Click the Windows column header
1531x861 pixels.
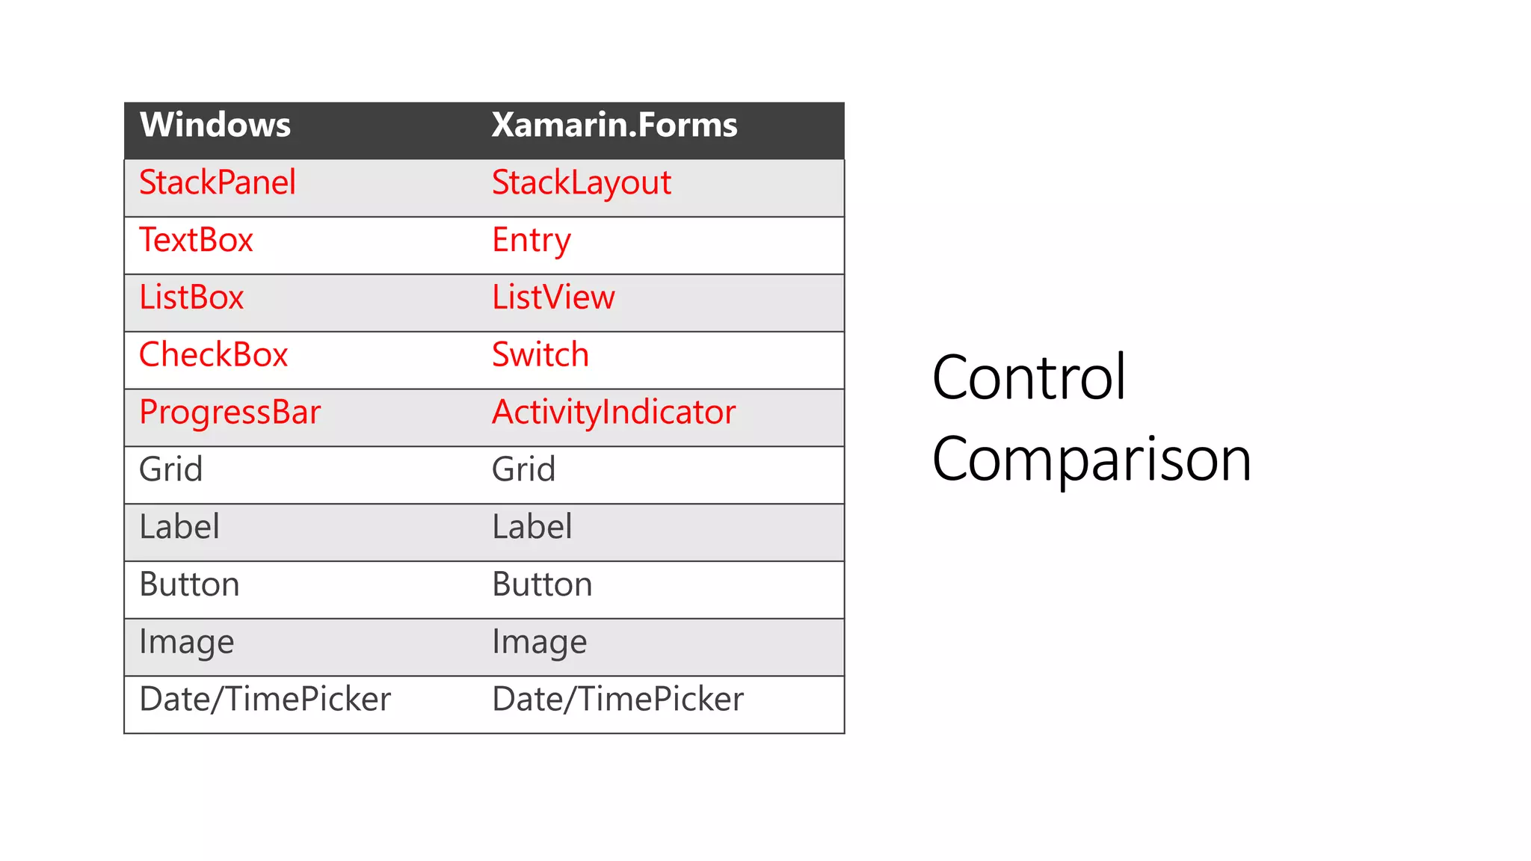(x=215, y=125)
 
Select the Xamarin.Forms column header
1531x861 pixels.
(x=614, y=125)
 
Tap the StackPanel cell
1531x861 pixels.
(x=218, y=183)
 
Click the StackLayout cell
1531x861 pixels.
(x=582, y=183)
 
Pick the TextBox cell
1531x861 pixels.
(x=197, y=241)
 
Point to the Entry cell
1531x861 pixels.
(x=532, y=241)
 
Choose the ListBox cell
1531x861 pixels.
(x=192, y=297)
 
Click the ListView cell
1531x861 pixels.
(x=553, y=297)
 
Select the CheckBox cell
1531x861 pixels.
(x=214, y=355)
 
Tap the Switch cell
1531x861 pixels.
(x=540, y=355)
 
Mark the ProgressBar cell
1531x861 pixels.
(x=230, y=413)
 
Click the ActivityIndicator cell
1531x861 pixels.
(x=614, y=413)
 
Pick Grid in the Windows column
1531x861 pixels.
(x=171, y=470)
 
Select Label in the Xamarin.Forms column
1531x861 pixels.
(x=532, y=527)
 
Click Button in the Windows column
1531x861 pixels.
(x=190, y=584)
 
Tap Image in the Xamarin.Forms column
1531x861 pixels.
(x=540, y=642)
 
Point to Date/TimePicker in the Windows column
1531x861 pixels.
(x=265, y=700)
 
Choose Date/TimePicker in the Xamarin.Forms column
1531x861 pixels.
(x=618, y=700)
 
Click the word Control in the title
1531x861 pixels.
(x=1029, y=377)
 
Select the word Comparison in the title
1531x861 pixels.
(x=1091, y=460)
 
